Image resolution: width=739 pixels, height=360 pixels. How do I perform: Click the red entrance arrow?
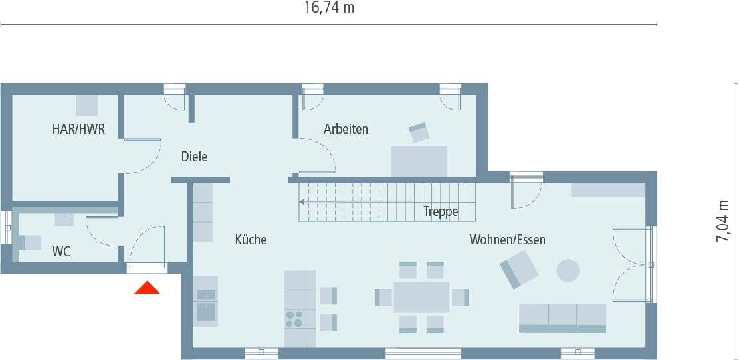click(x=148, y=288)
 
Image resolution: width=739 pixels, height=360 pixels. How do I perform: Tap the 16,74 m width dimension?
click(x=328, y=8)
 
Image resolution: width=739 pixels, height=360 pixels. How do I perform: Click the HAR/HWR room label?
click(x=78, y=129)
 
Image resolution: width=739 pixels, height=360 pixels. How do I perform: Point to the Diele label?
click(x=194, y=157)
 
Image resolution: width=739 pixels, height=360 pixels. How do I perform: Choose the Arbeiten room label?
click(x=346, y=129)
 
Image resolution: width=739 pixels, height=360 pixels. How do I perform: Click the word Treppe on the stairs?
click(x=441, y=212)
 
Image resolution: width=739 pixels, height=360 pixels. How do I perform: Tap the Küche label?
click(x=251, y=240)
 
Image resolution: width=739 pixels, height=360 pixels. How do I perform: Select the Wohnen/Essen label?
click(x=507, y=240)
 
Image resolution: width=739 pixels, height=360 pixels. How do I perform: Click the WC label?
click(x=61, y=252)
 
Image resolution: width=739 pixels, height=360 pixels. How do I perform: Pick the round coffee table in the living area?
click(x=568, y=270)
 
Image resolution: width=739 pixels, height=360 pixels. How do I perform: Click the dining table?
click(x=421, y=297)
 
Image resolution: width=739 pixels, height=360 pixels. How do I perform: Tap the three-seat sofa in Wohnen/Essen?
click(x=562, y=317)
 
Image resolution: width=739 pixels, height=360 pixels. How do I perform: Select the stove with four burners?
click(x=294, y=319)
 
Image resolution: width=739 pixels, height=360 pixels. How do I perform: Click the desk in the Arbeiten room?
click(x=419, y=161)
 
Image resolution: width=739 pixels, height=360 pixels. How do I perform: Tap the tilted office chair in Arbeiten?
click(x=419, y=132)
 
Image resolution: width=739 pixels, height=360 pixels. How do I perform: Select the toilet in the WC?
click(x=30, y=242)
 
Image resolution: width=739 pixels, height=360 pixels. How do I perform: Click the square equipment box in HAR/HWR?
click(x=87, y=105)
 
